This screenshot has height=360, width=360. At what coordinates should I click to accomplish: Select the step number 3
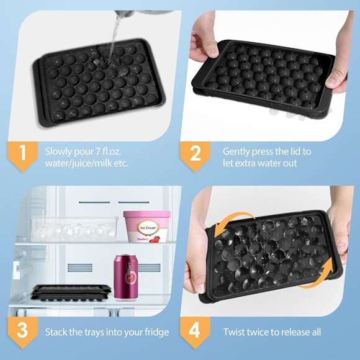tap(22, 330)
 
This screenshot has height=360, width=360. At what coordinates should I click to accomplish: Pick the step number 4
tap(195, 330)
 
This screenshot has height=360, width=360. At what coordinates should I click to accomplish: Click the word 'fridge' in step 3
tap(155, 333)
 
